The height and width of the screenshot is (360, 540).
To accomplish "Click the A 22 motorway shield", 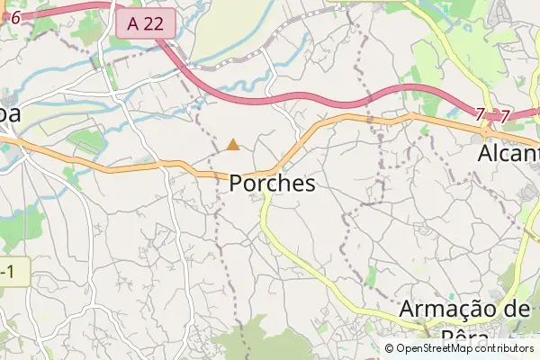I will point(145,24).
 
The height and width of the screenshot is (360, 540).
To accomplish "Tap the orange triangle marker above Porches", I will point(233,144).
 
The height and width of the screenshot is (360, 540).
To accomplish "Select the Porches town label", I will point(273,184).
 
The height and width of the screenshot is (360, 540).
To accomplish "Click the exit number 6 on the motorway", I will point(14,16).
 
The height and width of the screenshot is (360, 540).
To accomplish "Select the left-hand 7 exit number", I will point(481,114).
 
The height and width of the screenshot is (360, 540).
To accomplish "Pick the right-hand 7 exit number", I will point(505,115).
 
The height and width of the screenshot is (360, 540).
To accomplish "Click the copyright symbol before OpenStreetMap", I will point(389,348).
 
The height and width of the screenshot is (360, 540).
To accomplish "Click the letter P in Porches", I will point(236,184).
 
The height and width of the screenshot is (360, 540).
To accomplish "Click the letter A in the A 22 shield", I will point(133,24).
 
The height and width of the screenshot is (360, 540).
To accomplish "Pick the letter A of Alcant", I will point(484,154).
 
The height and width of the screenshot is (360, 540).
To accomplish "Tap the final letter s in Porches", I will point(310,184).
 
